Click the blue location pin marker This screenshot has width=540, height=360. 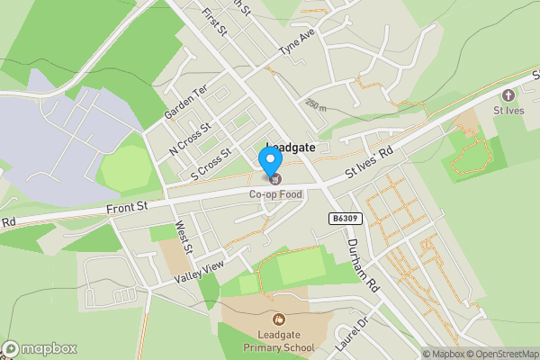click(x=270, y=161)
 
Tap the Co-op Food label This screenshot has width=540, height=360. click(x=275, y=193)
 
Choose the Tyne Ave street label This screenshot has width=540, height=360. click(x=298, y=41)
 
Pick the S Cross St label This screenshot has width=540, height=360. click(x=205, y=164)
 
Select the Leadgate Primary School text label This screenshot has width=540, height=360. click(x=278, y=341)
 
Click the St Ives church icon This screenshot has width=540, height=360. click(x=508, y=94)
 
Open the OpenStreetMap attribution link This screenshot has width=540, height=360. click(x=502, y=353)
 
